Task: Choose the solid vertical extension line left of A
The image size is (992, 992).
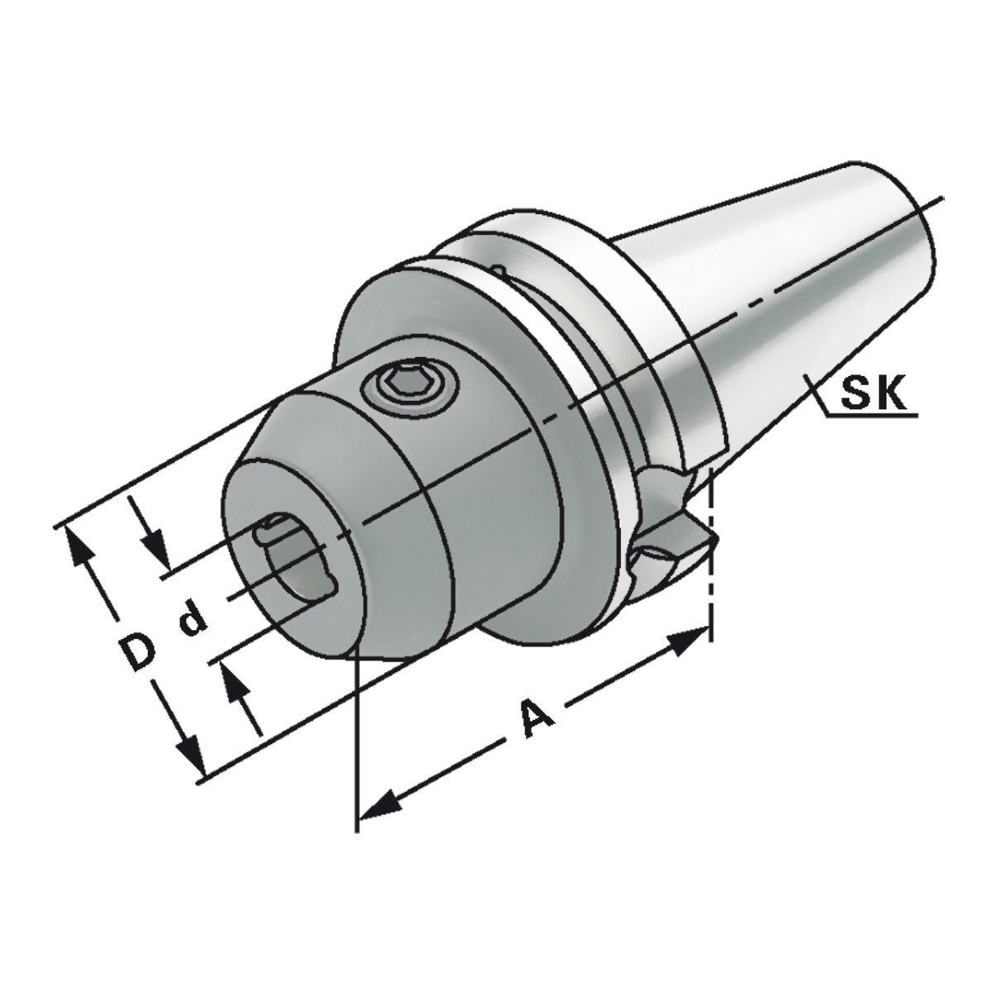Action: pos(356,744)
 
